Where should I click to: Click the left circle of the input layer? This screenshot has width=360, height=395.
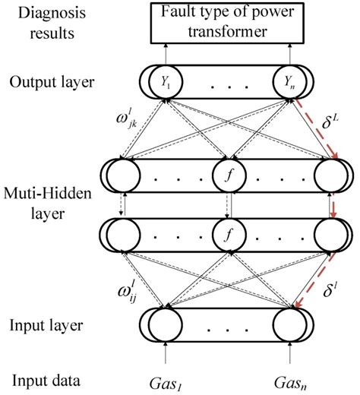click(164, 328)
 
